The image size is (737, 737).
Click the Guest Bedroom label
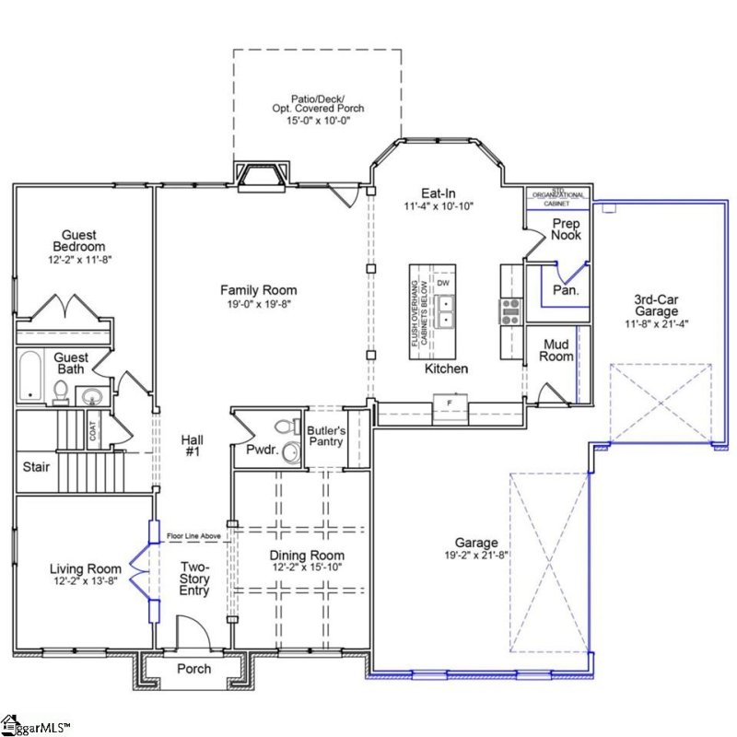(x=78, y=241)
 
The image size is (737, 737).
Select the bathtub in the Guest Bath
(x=31, y=378)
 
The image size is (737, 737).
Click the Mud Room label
(x=556, y=350)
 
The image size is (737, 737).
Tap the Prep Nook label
(x=566, y=228)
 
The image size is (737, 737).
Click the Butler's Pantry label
(x=326, y=437)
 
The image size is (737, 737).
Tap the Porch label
(x=193, y=669)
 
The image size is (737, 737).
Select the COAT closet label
(x=94, y=431)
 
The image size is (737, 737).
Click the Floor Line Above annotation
(x=194, y=535)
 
